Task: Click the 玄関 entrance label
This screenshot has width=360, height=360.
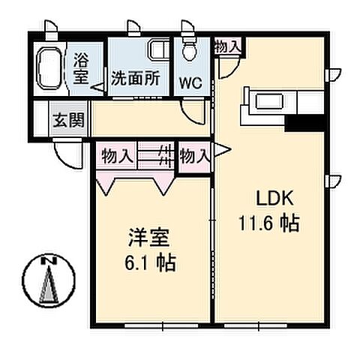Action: tap(70, 118)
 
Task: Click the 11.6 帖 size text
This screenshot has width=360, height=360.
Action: tap(270, 223)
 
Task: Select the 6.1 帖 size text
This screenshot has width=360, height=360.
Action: tap(151, 263)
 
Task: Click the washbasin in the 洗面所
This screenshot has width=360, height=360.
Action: tap(158, 50)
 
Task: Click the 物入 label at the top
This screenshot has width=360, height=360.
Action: tap(228, 46)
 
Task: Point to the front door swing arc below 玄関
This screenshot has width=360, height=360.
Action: tap(66, 156)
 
